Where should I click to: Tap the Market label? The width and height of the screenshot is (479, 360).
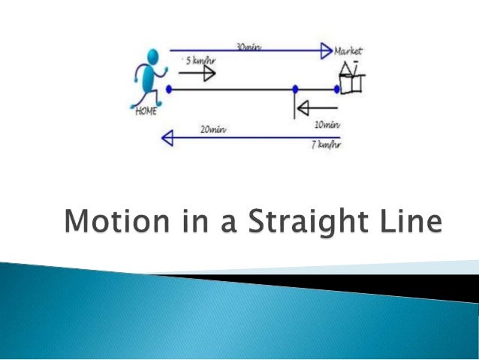(x=348, y=51)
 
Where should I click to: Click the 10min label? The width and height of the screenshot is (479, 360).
(x=327, y=123)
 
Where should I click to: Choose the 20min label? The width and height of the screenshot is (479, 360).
(x=213, y=129)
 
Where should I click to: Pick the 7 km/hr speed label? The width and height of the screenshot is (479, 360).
(x=326, y=144)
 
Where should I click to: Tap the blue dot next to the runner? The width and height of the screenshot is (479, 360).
(x=169, y=89)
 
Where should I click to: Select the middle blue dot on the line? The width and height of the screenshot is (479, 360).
(x=295, y=89)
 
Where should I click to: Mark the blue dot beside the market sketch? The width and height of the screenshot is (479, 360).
(x=337, y=89)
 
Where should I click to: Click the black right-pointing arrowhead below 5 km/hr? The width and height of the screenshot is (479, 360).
(x=208, y=74)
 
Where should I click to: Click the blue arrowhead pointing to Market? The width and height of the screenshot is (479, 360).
(x=326, y=51)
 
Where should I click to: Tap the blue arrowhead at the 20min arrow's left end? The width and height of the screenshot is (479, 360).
(x=168, y=138)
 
